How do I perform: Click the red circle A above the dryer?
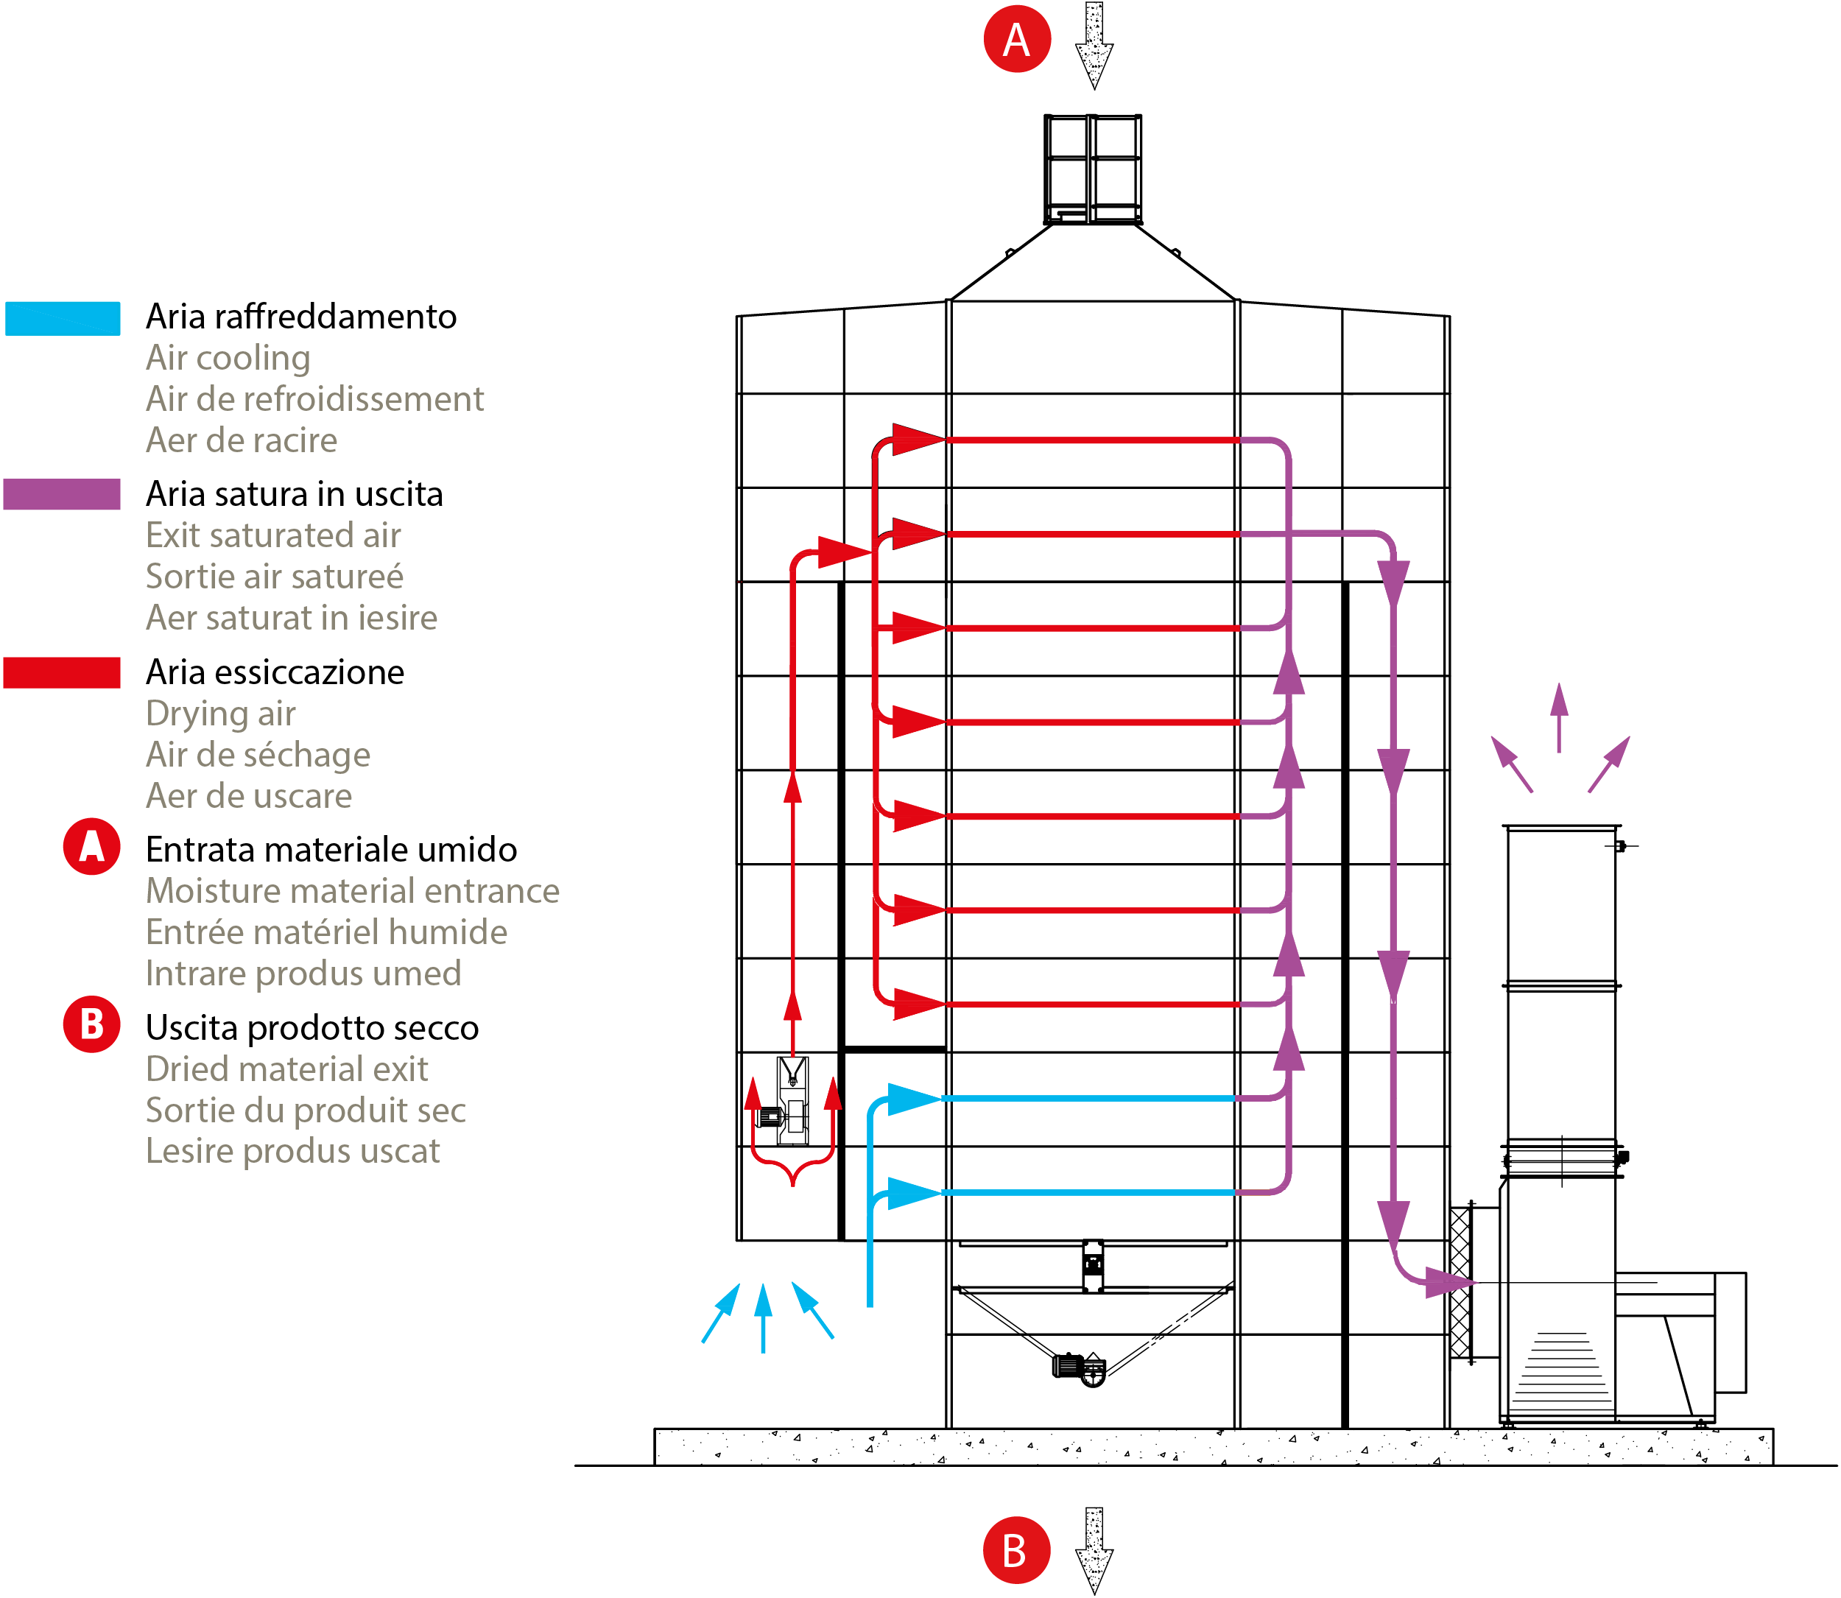[1016, 39]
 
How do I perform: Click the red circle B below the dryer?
[1015, 1550]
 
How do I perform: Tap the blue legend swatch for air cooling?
[63, 318]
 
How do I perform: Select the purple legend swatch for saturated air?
[62, 494]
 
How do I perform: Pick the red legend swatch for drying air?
[62, 672]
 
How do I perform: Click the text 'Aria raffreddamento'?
[301, 317]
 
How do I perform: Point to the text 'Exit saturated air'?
[272, 535]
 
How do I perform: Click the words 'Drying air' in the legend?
[220, 714]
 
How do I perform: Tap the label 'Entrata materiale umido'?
[331, 850]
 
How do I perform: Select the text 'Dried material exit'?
[286, 1069]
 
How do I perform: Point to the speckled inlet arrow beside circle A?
[1094, 45]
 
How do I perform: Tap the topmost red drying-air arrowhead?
[918, 439]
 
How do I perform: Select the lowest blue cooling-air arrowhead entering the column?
[914, 1193]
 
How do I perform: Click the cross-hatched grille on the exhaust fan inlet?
[1460, 1282]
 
